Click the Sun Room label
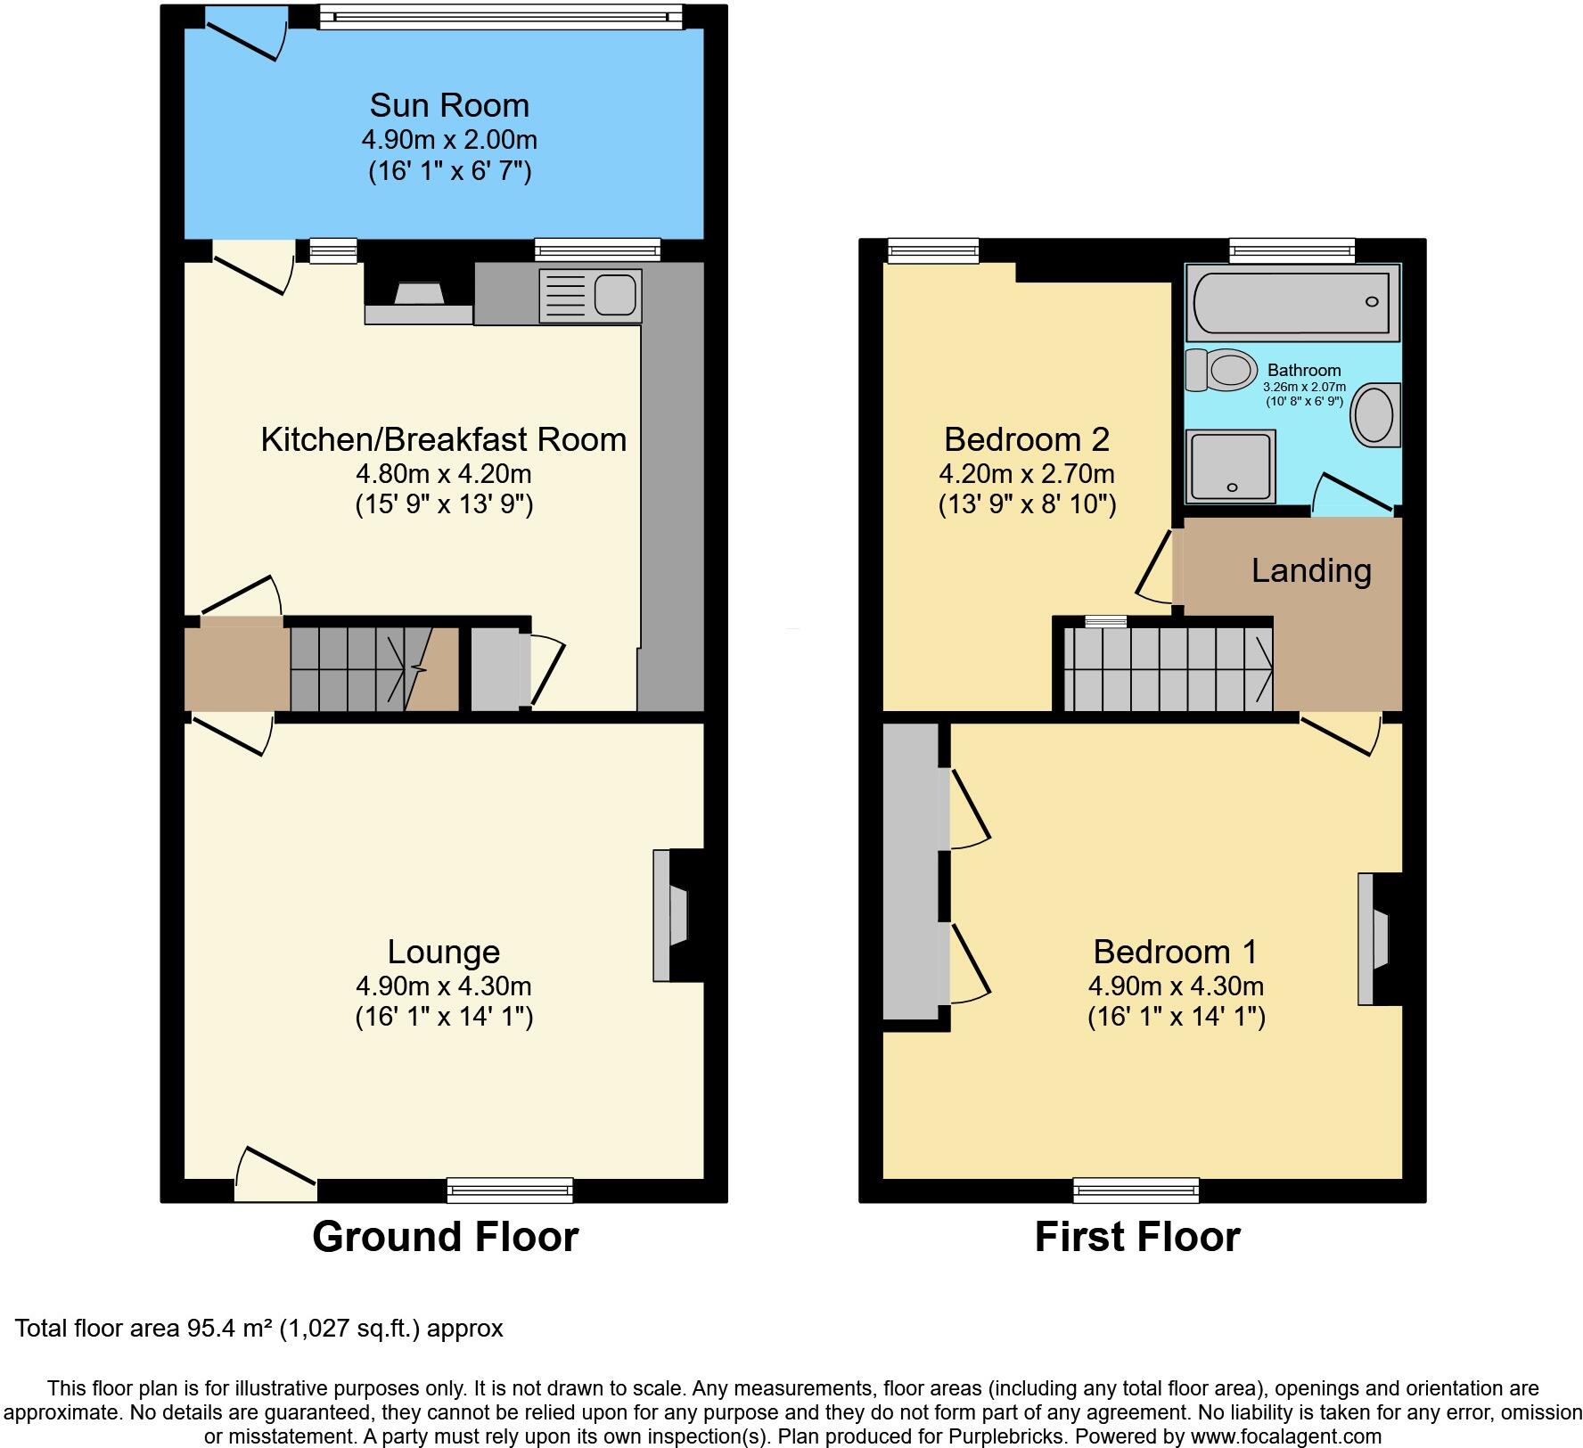(449, 106)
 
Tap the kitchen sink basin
(614, 295)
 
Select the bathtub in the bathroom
(1292, 302)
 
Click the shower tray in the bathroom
(1230, 466)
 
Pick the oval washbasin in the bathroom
(1374, 415)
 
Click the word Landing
(1310, 571)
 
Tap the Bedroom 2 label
(1027, 439)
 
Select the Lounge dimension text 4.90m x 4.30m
(444, 986)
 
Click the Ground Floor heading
(445, 1237)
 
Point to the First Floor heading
(1136, 1237)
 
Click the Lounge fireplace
(673, 915)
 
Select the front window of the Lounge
(510, 1190)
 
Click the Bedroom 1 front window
(1136, 1190)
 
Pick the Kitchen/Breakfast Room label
(444, 439)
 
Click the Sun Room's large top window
(501, 16)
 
